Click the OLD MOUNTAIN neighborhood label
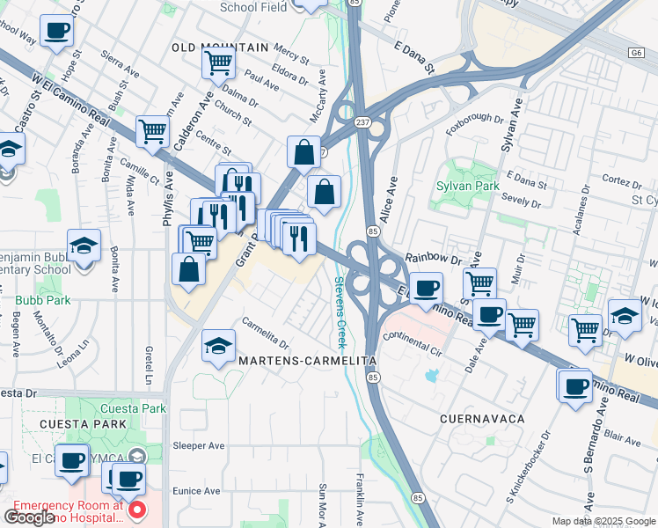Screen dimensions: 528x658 pyautogui.click(x=220, y=47)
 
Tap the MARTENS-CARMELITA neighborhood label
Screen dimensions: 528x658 pyautogui.click(x=307, y=362)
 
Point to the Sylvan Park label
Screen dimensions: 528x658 pyautogui.click(x=467, y=186)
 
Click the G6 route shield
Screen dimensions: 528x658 pyautogui.click(x=635, y=54)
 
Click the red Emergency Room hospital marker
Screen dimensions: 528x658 pyautogui.click(x=136, y=510)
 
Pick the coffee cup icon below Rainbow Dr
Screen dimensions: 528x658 pyautogui.click(x=426, y=289)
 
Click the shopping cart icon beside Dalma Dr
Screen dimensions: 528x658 pyautogui.click(x=217, y=63)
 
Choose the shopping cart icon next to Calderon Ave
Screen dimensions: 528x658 pyautogui.click(x=152, y=132)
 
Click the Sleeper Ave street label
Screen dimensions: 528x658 pyautogui.click(x=198, y=446)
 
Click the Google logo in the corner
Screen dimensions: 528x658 pyautogui.click(x=28, y=517)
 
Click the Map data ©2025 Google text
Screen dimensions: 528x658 pyautogui.click(x=603, y=521)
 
